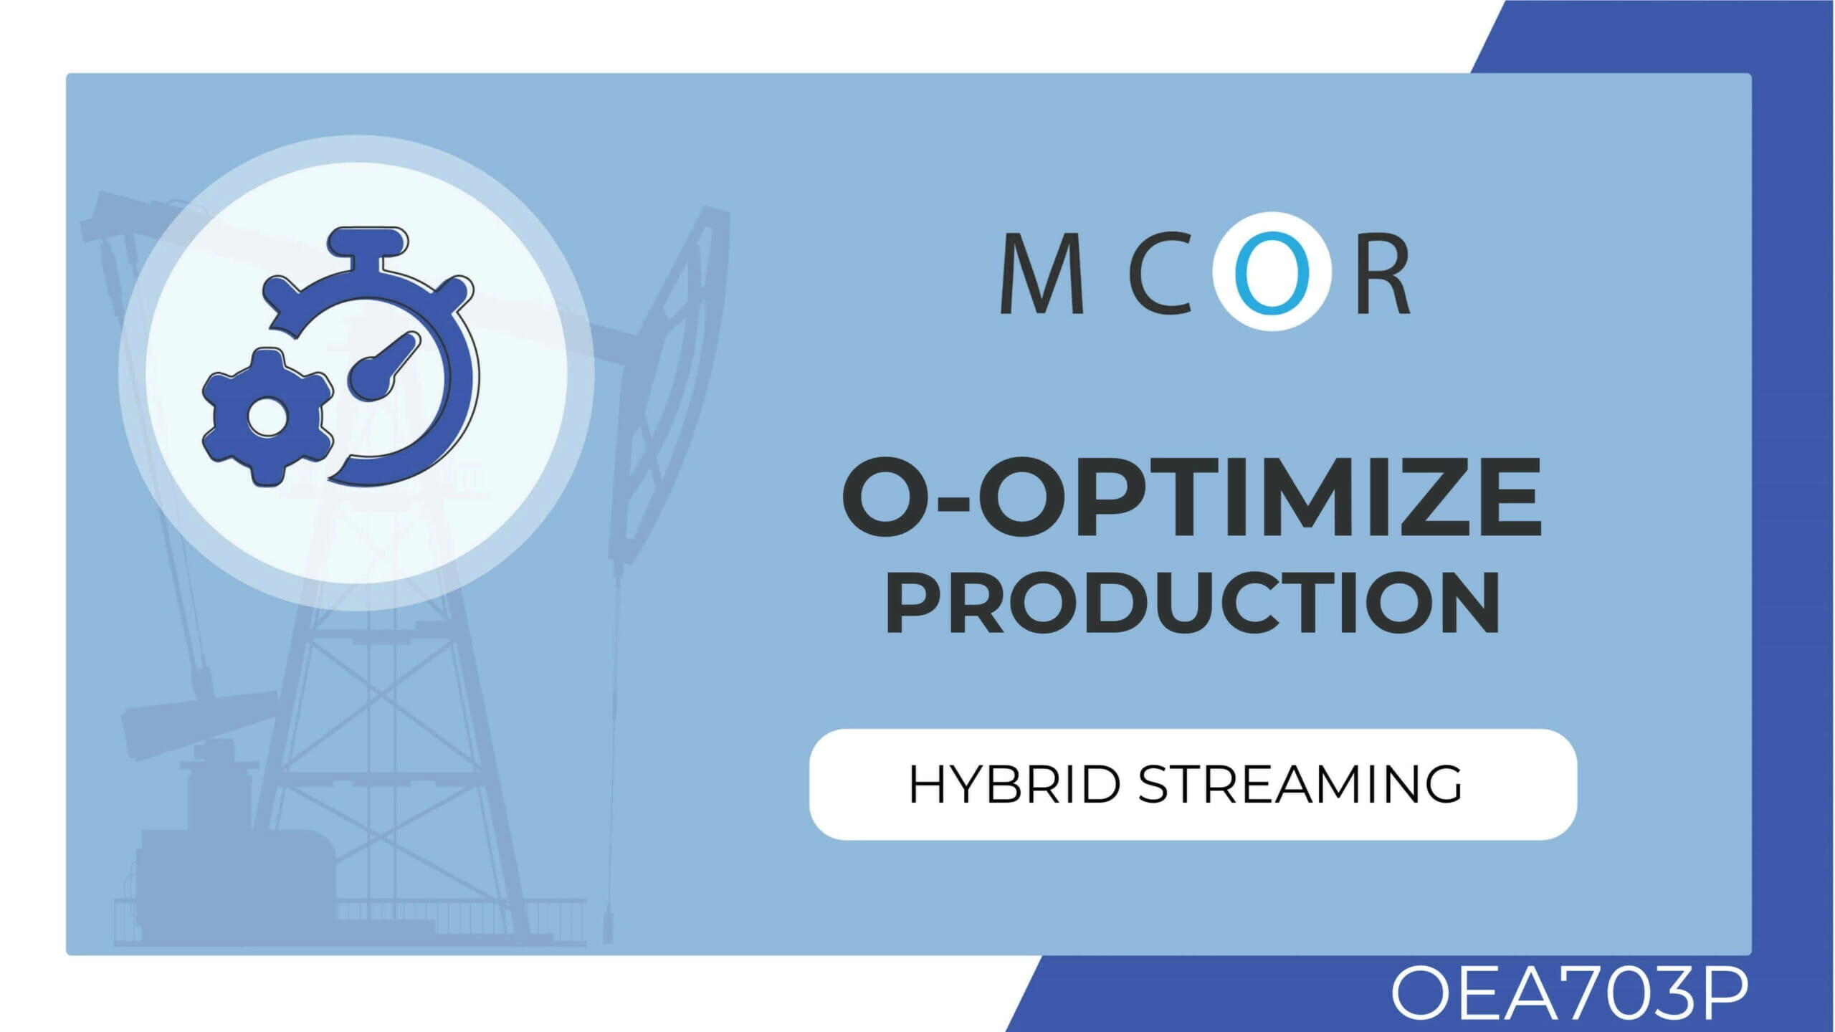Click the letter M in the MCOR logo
point(1042,274)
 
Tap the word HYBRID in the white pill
point(1014,784)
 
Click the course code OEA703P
point(1568,994)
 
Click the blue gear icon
point(267,418)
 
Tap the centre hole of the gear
point(267,418)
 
